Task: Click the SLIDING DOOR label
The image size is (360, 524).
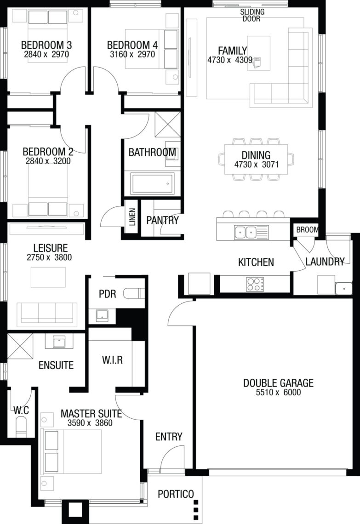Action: [x=252, y=15]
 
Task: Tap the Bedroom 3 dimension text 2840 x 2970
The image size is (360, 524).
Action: [x=46, y=54]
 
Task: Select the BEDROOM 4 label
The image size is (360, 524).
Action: [x=132, y=45]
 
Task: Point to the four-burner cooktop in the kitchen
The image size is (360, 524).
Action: [x=255, y=284]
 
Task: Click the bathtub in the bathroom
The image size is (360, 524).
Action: [x=153, y=183]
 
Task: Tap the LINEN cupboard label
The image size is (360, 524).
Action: [x=132, y=216]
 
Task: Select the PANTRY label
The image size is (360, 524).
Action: [x=162, y=220]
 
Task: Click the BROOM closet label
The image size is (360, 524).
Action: [x=307, y=229]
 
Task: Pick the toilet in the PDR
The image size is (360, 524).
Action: [x=134, y=293]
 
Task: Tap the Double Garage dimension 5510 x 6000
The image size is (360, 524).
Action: [x=279, y=393]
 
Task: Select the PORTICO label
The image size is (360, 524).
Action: [x=176, y=494]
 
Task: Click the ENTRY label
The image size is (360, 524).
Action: [x=169, y=437]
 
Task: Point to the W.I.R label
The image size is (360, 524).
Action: [x=112, y=360]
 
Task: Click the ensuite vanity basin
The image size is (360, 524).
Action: [x=59, y=342]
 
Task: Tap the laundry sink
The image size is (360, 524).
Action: [x=343, y=288]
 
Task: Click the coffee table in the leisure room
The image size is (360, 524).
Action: [x=48, y=277]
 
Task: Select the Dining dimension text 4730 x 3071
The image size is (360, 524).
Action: [x=257, y=165]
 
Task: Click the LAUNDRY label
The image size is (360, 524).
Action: [x=325, y=262]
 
